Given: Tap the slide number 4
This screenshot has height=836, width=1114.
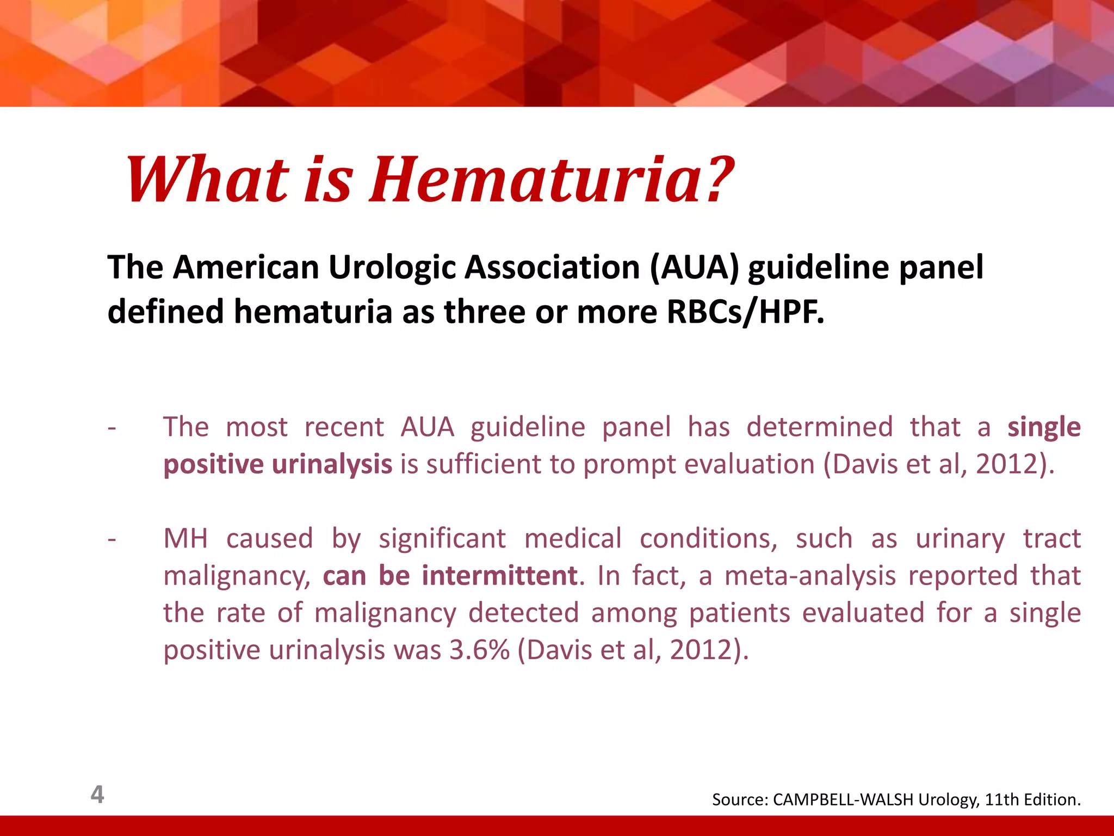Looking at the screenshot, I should point(97,795).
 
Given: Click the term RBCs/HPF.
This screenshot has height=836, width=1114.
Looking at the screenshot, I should point(745,312).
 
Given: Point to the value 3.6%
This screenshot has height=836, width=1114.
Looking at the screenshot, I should point(479,650).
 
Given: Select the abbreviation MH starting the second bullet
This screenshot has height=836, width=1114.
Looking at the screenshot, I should point(185,538).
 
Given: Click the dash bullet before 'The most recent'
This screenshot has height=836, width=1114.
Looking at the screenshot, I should point(112,428).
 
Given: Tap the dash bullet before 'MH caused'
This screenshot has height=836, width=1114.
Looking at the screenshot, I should point(112,539).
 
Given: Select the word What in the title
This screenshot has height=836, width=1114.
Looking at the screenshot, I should point(207,180).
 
